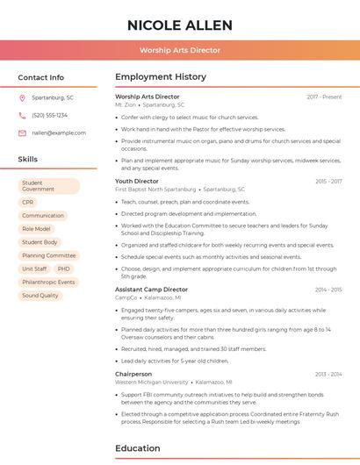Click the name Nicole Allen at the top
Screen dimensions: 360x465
tap(180, 25)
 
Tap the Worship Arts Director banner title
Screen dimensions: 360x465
tap(180, 50)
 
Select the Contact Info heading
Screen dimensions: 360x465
tap(41, 77)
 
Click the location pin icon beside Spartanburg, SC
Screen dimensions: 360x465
tap(23, 97)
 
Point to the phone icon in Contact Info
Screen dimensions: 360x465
tap(23, 115)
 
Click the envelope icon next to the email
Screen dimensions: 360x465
tap(23, 132)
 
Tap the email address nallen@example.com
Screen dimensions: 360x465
tap(54, 132)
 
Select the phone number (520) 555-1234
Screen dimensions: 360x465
tap(49, 115)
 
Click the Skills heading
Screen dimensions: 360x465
tap(28, 159)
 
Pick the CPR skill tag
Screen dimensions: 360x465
tap(28, 202)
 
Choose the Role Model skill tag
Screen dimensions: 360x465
tap(36, 228)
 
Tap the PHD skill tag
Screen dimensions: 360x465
tap(64, 268)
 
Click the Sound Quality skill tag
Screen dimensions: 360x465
tap(40, 296)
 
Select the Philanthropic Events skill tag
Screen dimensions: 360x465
tap(48, 282)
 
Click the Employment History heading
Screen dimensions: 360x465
tap(161, 77)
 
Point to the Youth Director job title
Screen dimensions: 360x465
tap(137, 181)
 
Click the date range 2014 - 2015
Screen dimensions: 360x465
tap(328, 289)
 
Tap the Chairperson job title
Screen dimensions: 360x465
tap(133, 374)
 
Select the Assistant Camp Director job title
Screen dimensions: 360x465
tap(151, 289)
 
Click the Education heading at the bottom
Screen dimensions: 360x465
tap(138, 448)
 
